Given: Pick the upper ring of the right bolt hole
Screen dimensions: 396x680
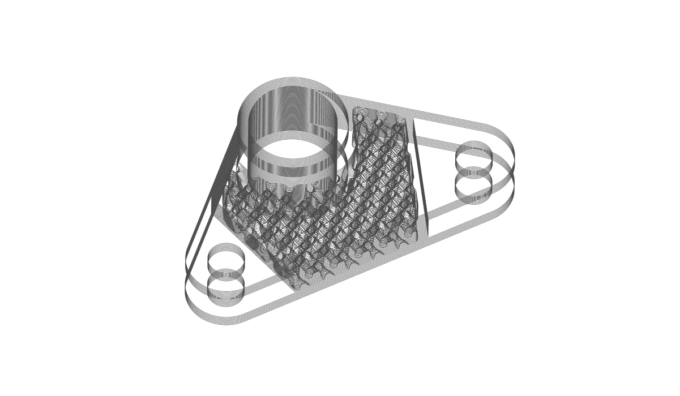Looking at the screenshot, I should coord(474,155).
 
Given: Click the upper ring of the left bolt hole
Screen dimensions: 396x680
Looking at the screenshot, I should coord(226,257).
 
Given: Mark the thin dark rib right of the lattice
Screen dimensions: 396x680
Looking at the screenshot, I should coord(420,175).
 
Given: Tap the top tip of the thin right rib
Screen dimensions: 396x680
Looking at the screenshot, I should coord(413,120).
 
